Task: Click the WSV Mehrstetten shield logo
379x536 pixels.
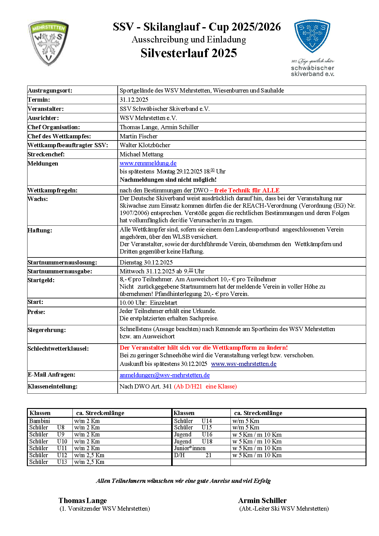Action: (48, 43)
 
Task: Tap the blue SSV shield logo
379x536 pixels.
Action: (312, 36)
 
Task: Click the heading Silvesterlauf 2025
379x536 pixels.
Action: (189, 53)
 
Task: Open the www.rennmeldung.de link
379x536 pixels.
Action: (148, 163)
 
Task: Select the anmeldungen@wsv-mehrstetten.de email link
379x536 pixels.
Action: (164, 375)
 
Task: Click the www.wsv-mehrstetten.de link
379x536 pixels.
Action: (244, 364)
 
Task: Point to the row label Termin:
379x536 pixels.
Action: (39, 100)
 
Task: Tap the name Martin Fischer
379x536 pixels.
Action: (138, 136)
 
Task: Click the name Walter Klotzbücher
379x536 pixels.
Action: (145, 145)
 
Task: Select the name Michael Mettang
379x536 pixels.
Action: (142, 154)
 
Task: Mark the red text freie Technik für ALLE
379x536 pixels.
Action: (247, 190)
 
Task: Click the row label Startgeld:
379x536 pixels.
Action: (41, 280)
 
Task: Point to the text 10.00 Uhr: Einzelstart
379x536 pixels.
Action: (148, 303)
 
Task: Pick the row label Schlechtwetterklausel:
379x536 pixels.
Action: (58, 348)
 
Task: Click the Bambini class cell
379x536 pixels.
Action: (40, 421)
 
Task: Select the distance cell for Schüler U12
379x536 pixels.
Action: (89, 455)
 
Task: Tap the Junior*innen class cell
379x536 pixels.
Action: (190, 448)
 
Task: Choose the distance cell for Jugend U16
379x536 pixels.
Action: (257, 435)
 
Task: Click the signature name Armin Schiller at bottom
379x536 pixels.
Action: (262, 501)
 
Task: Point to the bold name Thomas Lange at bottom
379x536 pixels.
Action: (83, 501)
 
